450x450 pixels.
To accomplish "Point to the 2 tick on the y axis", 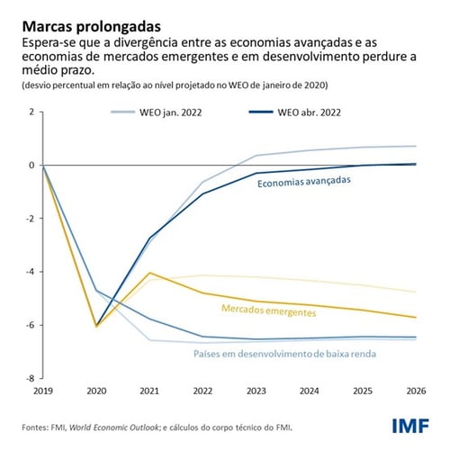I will pos(31,112).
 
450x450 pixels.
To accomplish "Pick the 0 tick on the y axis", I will pos(31,166).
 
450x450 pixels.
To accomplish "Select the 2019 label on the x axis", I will pos(42,392).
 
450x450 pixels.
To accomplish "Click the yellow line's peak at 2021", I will pos(149,273).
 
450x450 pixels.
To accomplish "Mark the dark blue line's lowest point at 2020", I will pos(96,325).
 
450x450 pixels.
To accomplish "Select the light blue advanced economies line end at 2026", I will pos(414,146).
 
